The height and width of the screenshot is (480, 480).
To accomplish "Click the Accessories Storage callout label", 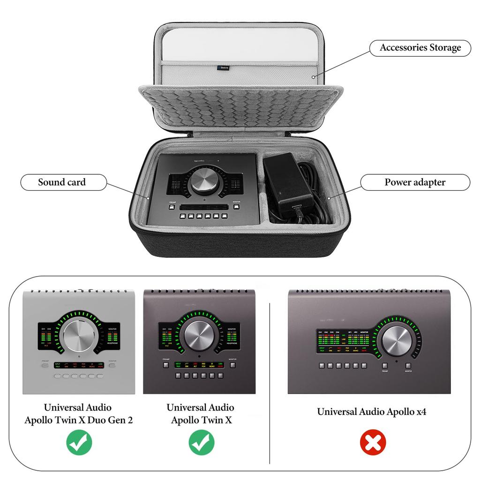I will click(x=420, y=48).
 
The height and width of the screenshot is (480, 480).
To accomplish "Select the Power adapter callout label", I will click(x=414, y=182).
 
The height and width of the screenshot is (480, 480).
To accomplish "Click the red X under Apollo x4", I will click(x=373, y=442).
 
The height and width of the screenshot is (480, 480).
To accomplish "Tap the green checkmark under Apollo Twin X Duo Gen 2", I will click(x=79, y=442).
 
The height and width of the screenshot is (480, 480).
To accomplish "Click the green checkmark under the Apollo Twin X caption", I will click(x=202, y=442).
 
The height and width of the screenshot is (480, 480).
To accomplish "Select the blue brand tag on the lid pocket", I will click(x=223, y=68).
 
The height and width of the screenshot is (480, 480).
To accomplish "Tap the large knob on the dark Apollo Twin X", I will click(x=199, y=335).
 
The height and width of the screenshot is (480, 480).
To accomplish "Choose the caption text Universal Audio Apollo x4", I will click(x=371, y=412).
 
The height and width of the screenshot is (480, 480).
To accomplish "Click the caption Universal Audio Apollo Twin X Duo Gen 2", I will click(x=79, y=414).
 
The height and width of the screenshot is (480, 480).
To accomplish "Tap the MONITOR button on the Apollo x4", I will click(x=408, y=366).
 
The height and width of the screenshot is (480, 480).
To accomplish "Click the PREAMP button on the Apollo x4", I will click(x=385, y=366).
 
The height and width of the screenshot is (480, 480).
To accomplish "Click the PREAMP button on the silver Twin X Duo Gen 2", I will click(x=45, y=365).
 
